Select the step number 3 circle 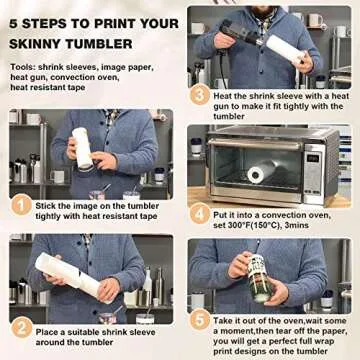[201, 96]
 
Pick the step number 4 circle [201, 212]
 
